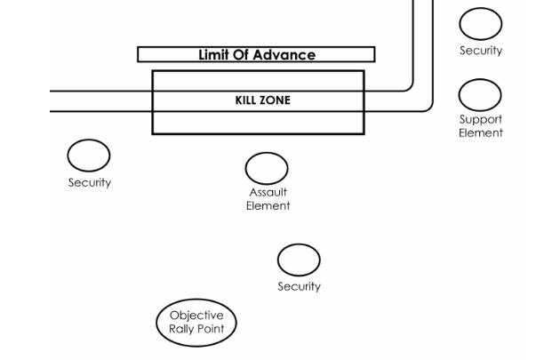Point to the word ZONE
274,100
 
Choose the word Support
481,119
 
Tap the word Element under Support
481,132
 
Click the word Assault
268,192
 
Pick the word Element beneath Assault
268,205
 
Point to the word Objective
196,315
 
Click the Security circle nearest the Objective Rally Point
299,260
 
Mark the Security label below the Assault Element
299,286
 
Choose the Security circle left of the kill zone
89,156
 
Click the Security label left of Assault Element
90,182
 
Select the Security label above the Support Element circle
481,51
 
